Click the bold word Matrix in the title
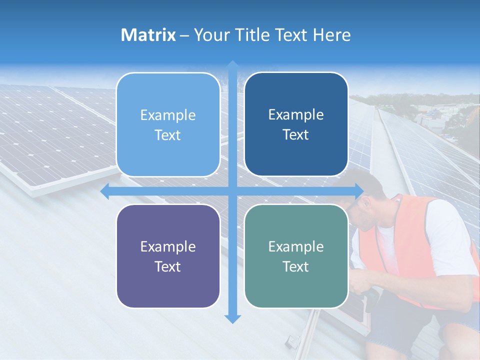click(x=148, y=35)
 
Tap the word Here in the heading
click(x=331, y=35)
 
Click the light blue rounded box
click(x=168, y=125)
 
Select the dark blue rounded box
click(x=296, y=124)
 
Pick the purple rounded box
click(x=168, y=256)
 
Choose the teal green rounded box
click(x=296, y=256)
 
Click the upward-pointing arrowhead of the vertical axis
click(x=232, y=64)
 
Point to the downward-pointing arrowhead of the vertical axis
click(x=232, y=319)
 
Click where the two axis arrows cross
click(x=232, y=191)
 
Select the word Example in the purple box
click(x=168, y=246)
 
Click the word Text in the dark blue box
click(x=296, y=135)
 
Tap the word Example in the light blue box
click(x=168, y=115)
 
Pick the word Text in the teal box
click(x=296, y=266)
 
